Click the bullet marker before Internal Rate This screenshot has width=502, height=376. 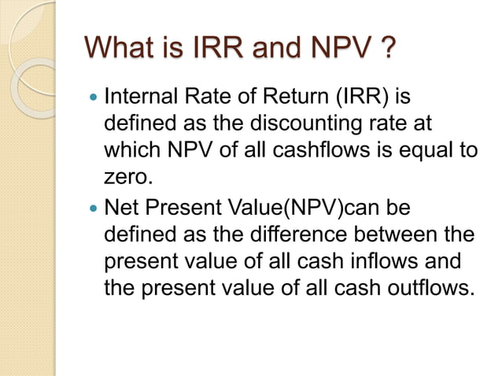94,101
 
